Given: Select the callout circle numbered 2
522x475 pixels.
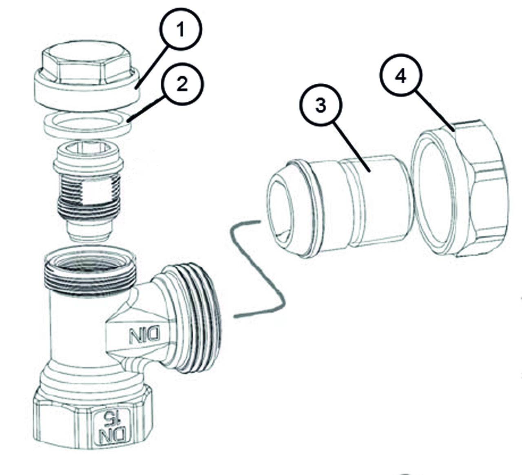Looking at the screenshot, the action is (x=182, y=84).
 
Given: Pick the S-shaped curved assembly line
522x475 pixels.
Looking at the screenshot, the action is (x=257, y=270).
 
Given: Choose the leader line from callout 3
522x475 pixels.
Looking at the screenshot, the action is (x=351, y=147).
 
